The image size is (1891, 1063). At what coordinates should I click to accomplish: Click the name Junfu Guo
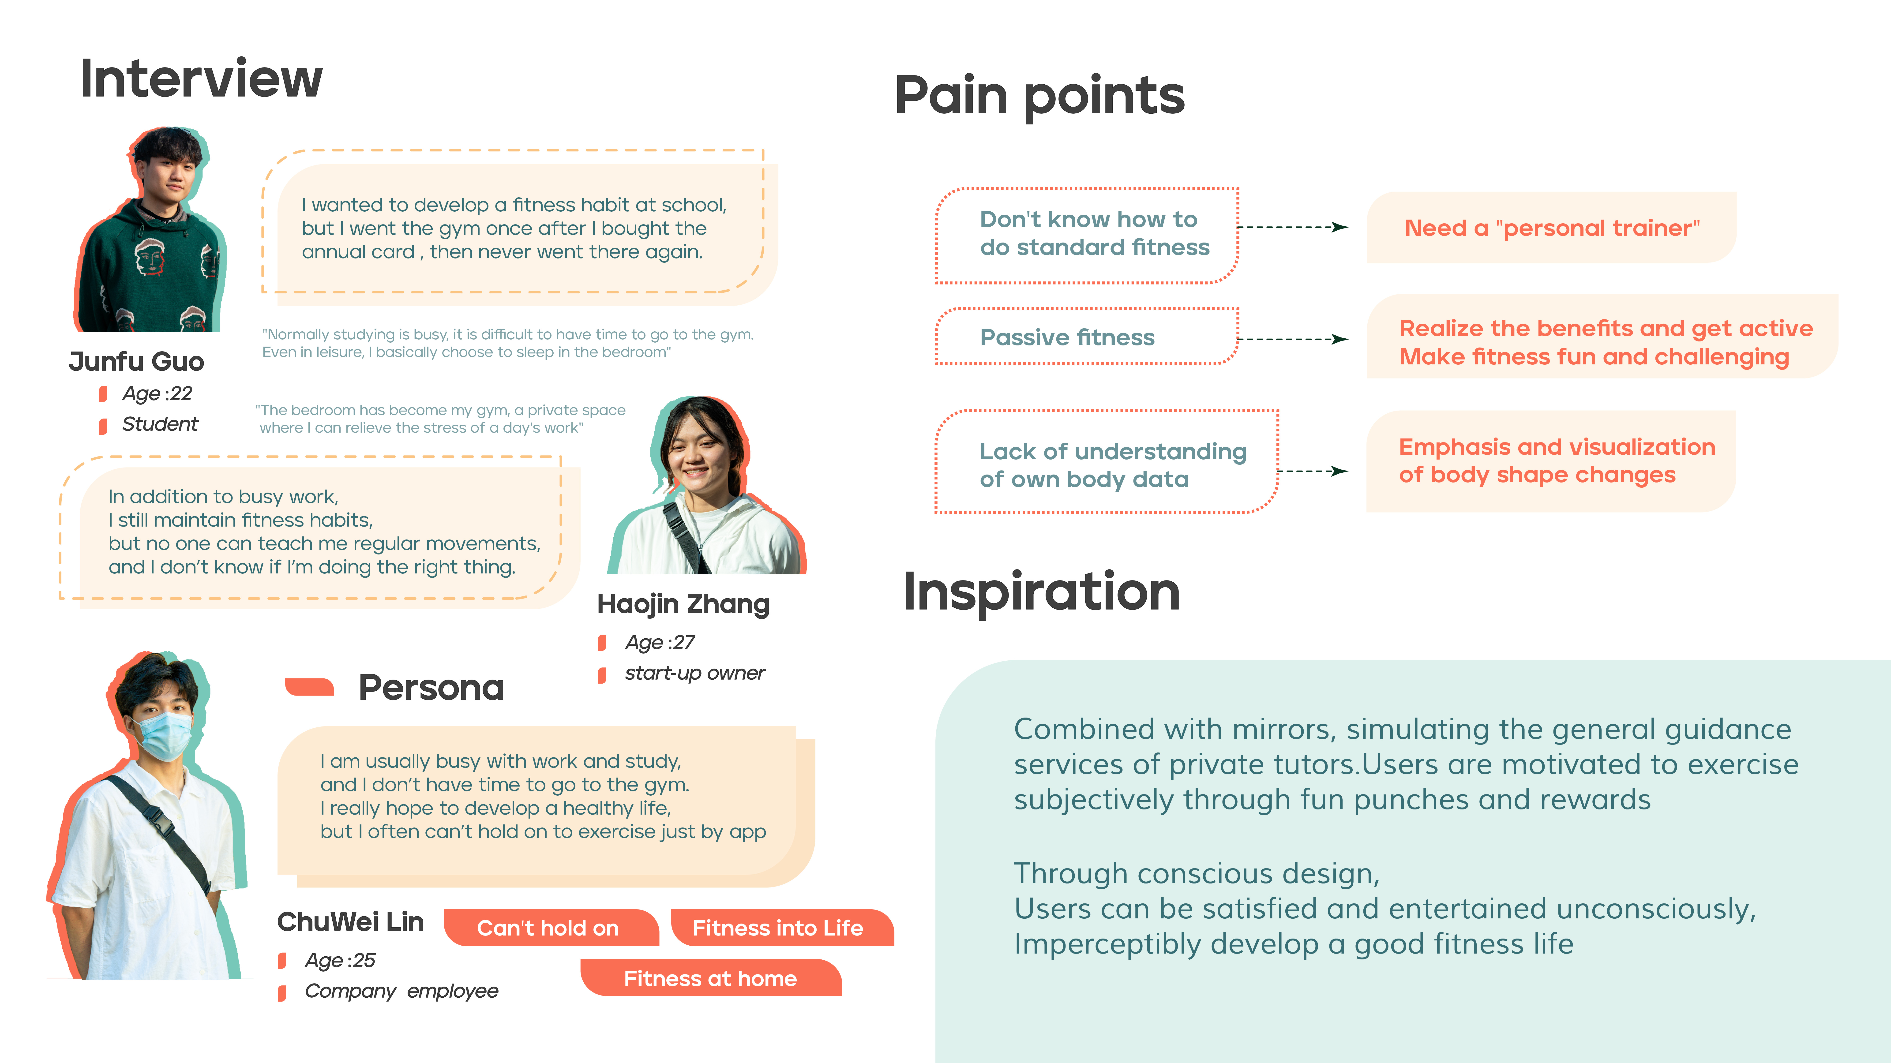pos(137,361)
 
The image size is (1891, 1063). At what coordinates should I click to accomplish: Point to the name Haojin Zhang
pos(683,604)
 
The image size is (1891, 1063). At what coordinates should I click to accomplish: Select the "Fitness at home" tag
pos(711,978)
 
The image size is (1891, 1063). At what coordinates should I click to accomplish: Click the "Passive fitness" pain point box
pos(1086,337)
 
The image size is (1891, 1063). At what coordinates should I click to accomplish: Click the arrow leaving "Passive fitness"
pos(1294,339)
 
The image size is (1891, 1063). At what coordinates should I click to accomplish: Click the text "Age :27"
pos(659,642)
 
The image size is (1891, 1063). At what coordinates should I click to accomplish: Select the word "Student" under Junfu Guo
pos(160,424)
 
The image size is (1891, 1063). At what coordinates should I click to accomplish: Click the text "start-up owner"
pos(694,673)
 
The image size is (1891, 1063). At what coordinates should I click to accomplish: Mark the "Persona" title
pos(431,688)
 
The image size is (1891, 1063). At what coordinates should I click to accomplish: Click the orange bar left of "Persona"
pos(310,686)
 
